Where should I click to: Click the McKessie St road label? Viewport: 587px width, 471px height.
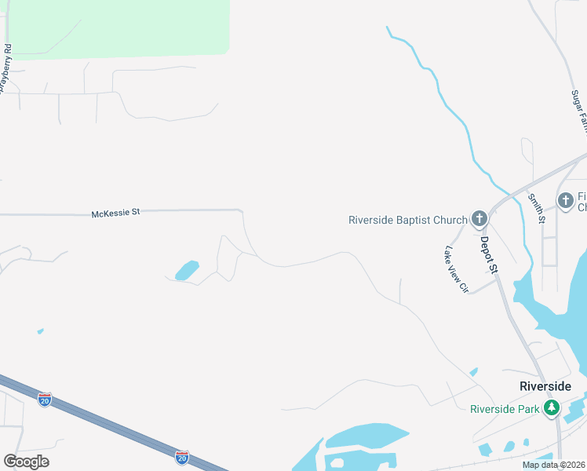[115, 212]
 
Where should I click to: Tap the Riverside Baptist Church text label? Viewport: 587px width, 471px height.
[407, 220]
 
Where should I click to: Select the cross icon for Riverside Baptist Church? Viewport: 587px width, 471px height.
[479, 220]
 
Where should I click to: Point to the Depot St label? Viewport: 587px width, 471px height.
[490, 255]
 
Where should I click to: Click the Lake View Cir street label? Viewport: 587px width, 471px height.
[455, 270]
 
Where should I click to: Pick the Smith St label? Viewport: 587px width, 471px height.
[538, 208]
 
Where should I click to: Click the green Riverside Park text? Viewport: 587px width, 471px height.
[505, 408]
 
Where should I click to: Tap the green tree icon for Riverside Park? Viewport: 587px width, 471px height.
[552, 408]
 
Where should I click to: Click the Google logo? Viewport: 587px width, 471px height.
[26, 462]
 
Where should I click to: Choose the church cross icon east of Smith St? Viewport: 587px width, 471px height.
[566, 201]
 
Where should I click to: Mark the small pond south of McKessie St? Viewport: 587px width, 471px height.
[188, 270]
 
